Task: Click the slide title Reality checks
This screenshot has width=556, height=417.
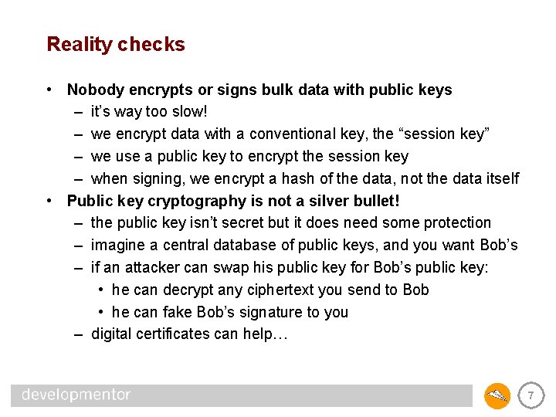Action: pyautogui.click(x=116, y=45)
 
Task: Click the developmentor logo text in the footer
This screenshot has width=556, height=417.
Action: pyautogui.click(x=76, y=395)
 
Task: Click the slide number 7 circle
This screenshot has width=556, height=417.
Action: pyautogui.click(x=530, y=396)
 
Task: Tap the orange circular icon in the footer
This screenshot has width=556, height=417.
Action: pyautogui.click(x=497, y=396)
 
